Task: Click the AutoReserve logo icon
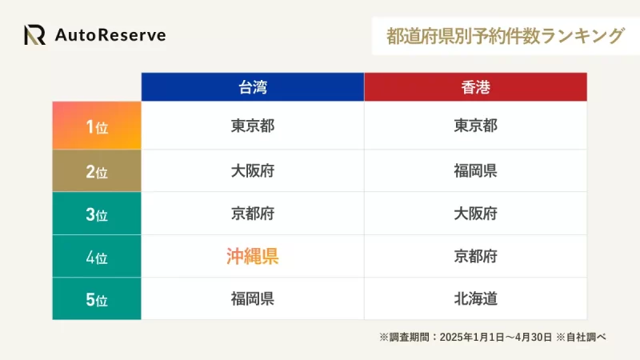tap(34, 34)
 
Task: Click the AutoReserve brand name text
tap(110, 35)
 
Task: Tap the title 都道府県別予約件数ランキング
tap(506, 36)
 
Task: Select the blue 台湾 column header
tap(253, 87)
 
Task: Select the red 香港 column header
tap(475, 87)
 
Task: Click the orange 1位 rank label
tap(97, 126)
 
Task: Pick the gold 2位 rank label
tap(97, 171)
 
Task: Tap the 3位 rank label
tap(97, 214)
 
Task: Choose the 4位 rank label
tap(97, 257)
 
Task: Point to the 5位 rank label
tap(97, 299)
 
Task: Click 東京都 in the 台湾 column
tap(253, 126)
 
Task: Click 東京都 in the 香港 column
tap(475, 126)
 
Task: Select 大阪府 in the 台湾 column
tap(253, 171)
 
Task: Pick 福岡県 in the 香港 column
tap(475, 171)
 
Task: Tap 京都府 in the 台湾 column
tap(253, 214)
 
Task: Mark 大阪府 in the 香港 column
tap(475, 214)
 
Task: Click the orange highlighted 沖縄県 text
tap(253, 256)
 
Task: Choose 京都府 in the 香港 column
tap(475, 257)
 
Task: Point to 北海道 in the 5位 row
tap(475, 299)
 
